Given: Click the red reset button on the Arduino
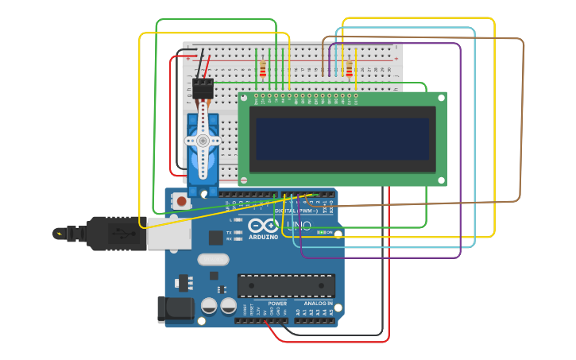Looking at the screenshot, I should coord(182,202).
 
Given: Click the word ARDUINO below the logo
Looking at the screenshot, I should coord(263,237).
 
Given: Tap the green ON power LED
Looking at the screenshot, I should coord(321,232).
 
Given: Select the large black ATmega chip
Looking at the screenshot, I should coord(286,286).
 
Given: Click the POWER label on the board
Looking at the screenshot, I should coord(277,304).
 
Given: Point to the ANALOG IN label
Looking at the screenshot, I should coord(318,304).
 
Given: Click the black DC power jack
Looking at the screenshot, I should coord(175,310).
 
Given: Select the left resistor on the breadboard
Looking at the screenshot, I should coord(263,70).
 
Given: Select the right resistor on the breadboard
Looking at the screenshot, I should coord(349,70).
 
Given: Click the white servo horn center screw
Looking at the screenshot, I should coord(203,141).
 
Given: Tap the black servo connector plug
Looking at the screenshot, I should coord(203,88).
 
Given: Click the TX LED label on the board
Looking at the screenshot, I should coord(229,233).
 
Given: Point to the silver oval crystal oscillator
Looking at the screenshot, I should coord(213,259).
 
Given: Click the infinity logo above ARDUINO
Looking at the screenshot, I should coord(263,226).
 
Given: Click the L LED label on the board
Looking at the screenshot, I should coord(230,219).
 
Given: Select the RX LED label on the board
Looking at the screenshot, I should coord(229,238).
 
